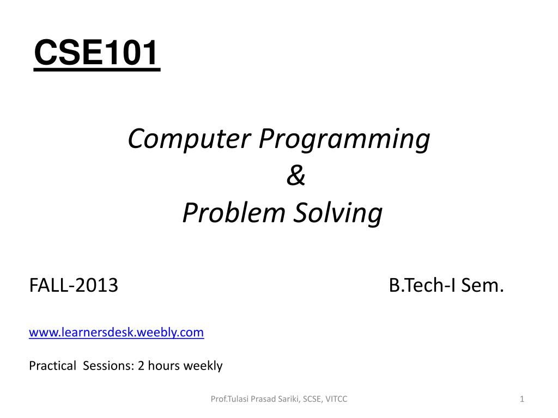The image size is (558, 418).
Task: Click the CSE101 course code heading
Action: pos(96,53)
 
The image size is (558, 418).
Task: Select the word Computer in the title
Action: pos(189,139)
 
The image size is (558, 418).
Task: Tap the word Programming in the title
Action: pos(344,139)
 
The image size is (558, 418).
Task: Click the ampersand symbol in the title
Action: pos(296,176)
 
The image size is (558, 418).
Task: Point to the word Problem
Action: pos(234,213)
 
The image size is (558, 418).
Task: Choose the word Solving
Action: pos(338,213)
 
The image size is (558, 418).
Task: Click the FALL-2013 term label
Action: pos(74,285)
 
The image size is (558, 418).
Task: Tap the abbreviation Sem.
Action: pos(483,285)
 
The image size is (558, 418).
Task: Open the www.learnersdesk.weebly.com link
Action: pos(117,333)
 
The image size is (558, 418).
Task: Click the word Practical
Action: pos(53,366)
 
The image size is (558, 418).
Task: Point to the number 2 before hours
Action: pos(141,366)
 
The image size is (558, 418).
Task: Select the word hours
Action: pos(163,366)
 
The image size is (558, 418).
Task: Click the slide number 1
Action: pos(521,399)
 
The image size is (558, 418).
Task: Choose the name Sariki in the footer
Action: pos(289,399)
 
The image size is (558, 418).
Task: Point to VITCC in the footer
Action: pos(336,399)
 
